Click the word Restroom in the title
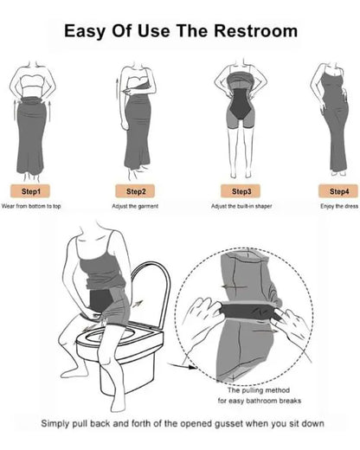(x=257, y=31)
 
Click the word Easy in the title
(x=86, y=31)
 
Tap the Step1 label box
(x=30, y=190)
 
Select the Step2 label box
(x=136, y=190)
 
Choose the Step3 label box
(x=241, y=190)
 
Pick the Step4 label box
(x=338, y=190)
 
